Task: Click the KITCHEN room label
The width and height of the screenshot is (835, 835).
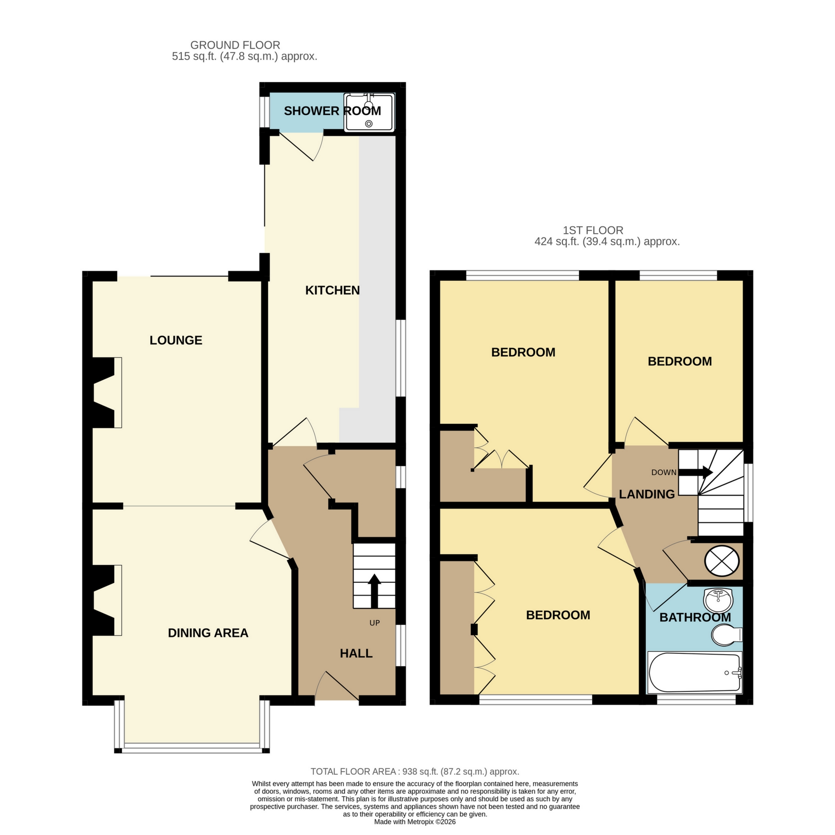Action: click(x=332, y=290)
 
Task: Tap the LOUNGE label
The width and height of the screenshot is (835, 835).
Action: click(x=176, y=341)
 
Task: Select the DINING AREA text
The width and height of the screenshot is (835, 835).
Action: click(x=208, y=633)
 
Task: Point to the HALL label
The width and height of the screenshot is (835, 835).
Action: click(x=356, y=653)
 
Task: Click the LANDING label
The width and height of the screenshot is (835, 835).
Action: click(x=647, y=494)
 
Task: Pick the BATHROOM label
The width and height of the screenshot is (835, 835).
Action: click(x=695, y=617)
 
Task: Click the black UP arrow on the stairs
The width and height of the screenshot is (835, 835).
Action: click(x=374, y=591)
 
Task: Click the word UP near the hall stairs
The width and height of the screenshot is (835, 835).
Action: click(x=374, y=623)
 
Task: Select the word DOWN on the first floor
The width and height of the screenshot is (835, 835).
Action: click(x=664, y=473)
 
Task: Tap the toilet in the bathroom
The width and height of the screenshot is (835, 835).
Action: click(x=727, y=635)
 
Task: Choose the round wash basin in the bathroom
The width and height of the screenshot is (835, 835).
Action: click(x=718, y=601)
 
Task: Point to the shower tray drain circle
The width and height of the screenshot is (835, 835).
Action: click(x=369, y=124)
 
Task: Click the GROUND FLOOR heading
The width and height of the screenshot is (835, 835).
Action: click(x=235, y=45)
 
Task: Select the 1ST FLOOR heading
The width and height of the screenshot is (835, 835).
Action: click(x=593, y=230)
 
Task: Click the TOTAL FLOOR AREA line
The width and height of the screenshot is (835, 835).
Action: click(x=415, y=771)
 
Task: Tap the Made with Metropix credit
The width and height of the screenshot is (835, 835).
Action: click(x=415, y=822)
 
